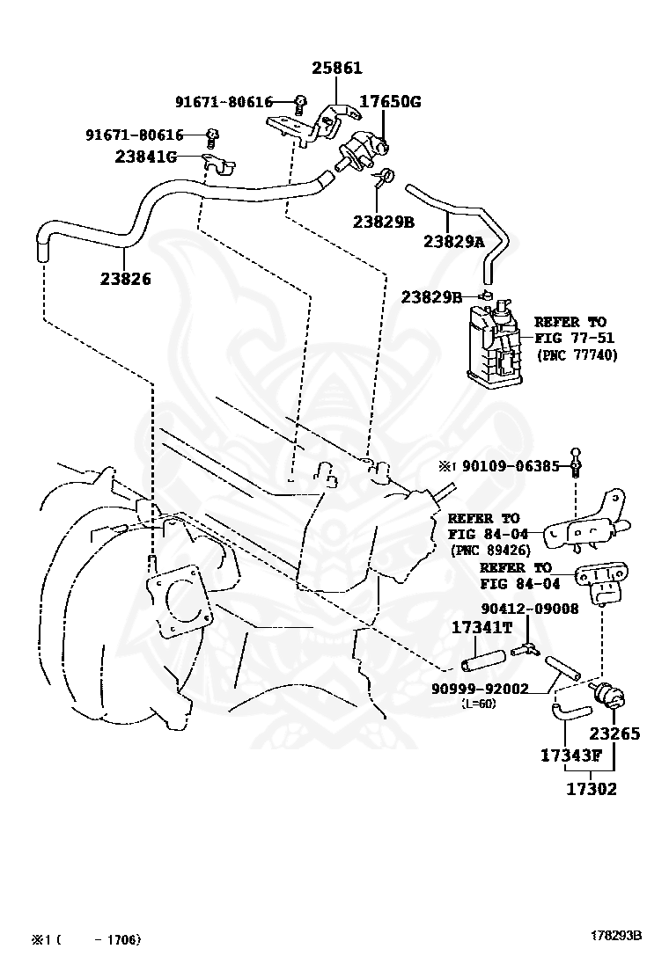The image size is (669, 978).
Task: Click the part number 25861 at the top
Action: (x=335, y=68)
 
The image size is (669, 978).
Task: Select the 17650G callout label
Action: (x=389, y=101)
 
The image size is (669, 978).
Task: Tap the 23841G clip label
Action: (x=145, y=157)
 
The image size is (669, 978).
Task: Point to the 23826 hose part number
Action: (x=125, y=279)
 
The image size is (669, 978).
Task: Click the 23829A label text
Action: (x=454, y=241)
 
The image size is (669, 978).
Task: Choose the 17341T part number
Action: (x=482, y=627)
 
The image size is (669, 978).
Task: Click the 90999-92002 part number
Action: (x=480, y=689)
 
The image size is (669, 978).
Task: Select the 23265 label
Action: (x=614, y=733)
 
